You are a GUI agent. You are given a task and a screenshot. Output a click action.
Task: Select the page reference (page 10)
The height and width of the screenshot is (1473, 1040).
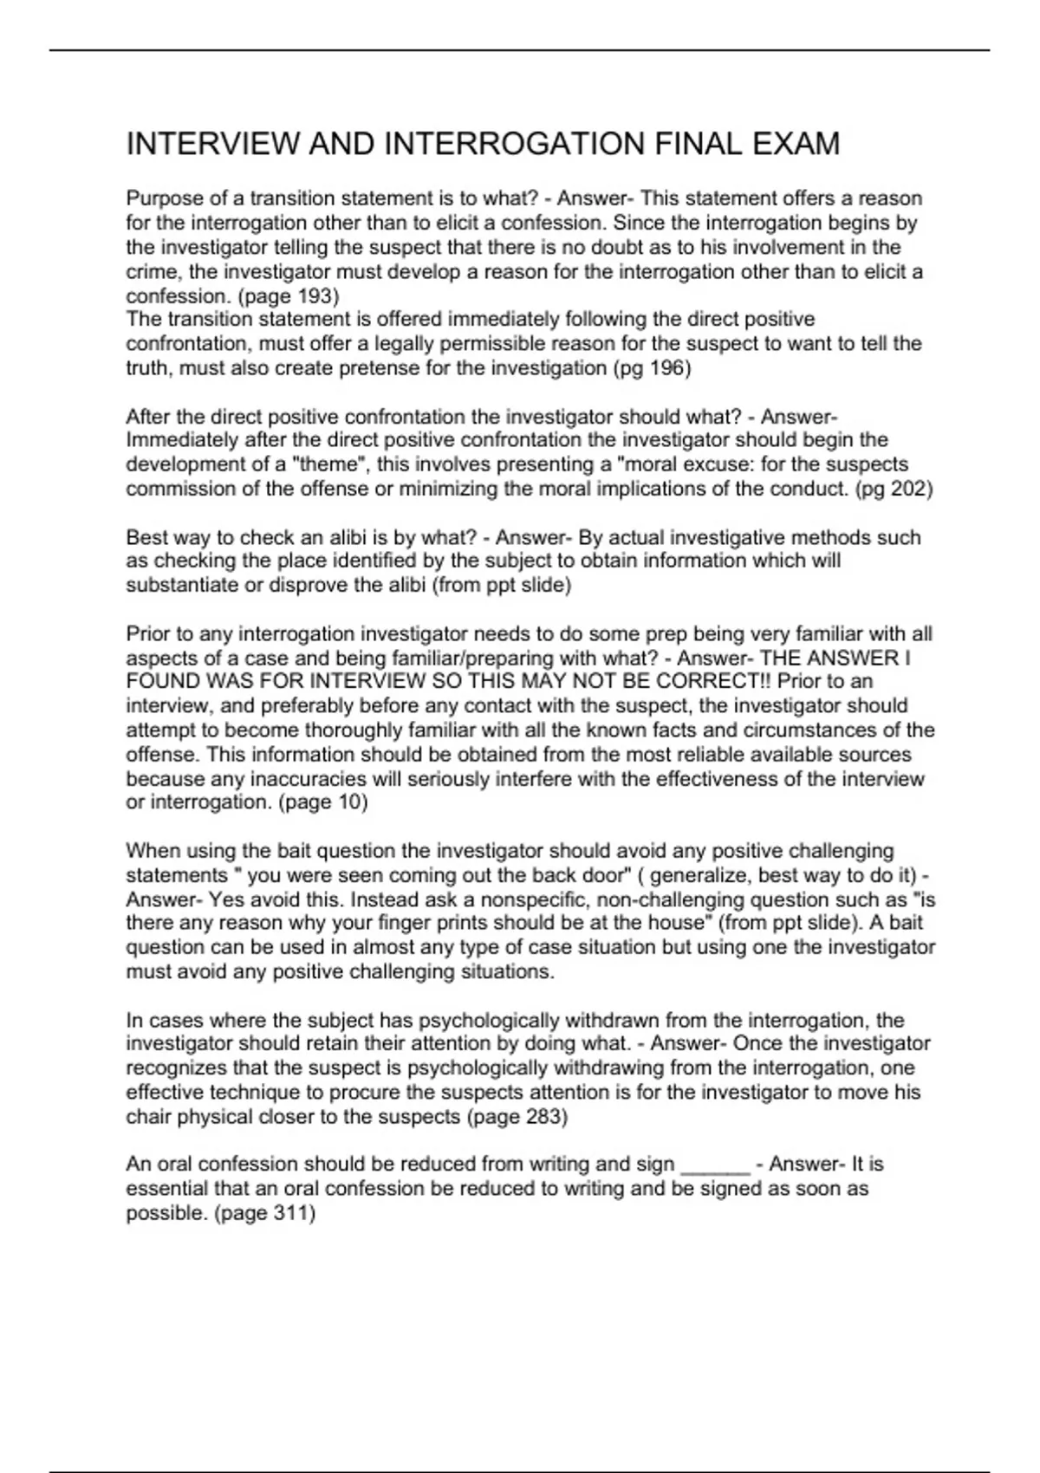pyautogui.click(x=322, y=802)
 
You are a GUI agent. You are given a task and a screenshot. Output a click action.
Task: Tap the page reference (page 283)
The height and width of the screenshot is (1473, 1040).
pyautogui.click(x=517, y=1117)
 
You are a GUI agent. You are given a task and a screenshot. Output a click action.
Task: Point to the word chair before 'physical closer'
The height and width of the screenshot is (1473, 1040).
pyautogui.click(x=149, y=1117)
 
